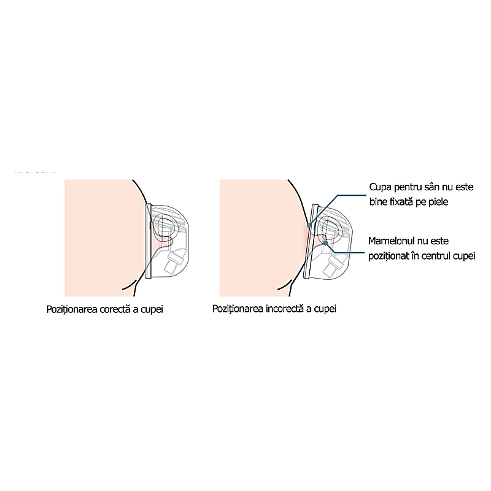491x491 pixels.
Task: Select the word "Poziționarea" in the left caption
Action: click(x=72, y=310)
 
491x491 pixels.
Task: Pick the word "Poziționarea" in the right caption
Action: click(x=238, y=309)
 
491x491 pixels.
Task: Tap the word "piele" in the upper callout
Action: click(x=438, y=202)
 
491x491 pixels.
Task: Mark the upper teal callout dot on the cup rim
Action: click(x=309, y=225)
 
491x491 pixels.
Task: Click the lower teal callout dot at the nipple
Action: click(x=325, y=242)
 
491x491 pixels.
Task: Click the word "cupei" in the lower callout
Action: click(x=465, y=256)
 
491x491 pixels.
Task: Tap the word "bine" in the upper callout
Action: click(x=378, y=202)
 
